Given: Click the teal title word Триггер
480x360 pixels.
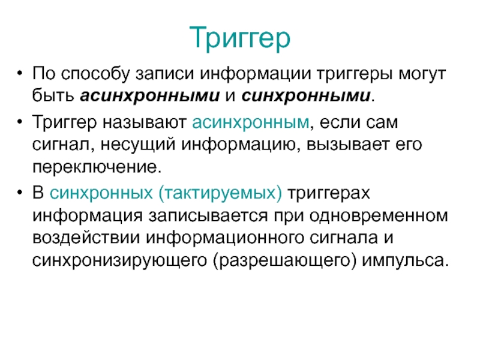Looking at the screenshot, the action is pyautogui.click(x=239, y=38).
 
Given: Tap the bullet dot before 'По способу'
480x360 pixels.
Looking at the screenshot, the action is pyautogui.click(x=20, y=73).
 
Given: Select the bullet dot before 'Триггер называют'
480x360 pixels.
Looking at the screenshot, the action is pyautogui.click(x=20, y=122).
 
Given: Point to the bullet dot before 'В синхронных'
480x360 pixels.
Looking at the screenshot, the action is pyautogui.click(x=20, y=193).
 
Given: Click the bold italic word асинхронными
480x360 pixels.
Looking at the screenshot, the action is pyautogui.click(x=150, y=96).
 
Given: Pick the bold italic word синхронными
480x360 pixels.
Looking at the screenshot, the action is pyautogui.click(x=306, y=96).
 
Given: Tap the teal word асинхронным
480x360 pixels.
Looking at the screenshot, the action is pyautogui.click(x=251, y=122).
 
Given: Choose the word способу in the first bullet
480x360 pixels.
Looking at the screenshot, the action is pyautogui.click(x=95, y=74).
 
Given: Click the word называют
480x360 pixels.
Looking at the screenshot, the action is pyautogui.click(x=145, y=122).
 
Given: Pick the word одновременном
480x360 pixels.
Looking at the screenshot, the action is pyautogui.click(x=379, y=215).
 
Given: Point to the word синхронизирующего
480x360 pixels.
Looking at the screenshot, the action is pyautogui.click(x=119, y=261).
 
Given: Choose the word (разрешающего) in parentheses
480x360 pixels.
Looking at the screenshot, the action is pyautogui.click(x=284, y=261).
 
